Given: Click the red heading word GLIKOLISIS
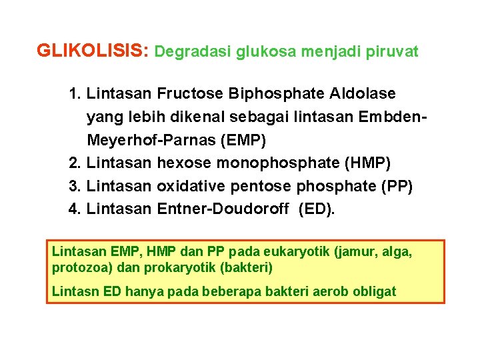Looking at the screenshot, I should click(x=93, y=51).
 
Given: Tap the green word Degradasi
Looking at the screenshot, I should click(x=193, y=52).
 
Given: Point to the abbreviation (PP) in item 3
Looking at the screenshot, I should click(x=397, y=187).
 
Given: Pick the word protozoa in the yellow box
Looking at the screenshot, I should click(x=75, y=268).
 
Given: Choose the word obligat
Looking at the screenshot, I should click(x=375, y=291).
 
